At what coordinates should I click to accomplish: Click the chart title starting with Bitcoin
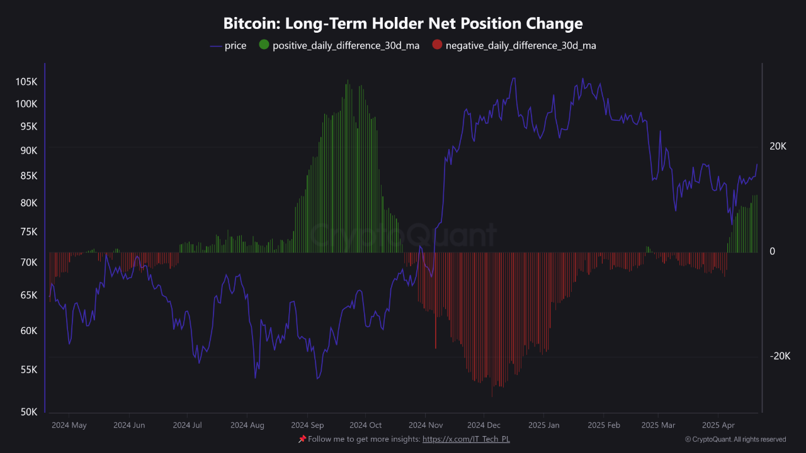[x=403, y=24]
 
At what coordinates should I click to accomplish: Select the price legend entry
[x=235, y=45]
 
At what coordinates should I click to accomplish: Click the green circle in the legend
[x=264, y=45]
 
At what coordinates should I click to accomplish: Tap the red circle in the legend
[x=437, y=45]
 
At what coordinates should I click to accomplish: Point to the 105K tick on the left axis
[x=26, y=82]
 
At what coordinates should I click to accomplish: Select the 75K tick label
[x=26, y=232]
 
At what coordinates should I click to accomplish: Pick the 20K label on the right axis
[x=778, y=146]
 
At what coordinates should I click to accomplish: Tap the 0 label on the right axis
[x=773, y=251]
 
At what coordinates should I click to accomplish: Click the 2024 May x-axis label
[x=69, y=425]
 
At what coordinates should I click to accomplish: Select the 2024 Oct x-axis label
[x=365, y=425]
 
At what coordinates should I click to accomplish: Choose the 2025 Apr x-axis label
[x=718, y=425]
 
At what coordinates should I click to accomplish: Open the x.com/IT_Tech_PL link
[x=466, y=439]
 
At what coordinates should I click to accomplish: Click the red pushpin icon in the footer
[x=302, y=439]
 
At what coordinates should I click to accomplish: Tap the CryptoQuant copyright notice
[x=735, y=439]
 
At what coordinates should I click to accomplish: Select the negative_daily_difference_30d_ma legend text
[x=521, y=45]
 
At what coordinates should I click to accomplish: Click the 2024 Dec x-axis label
[x=485, y=425]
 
